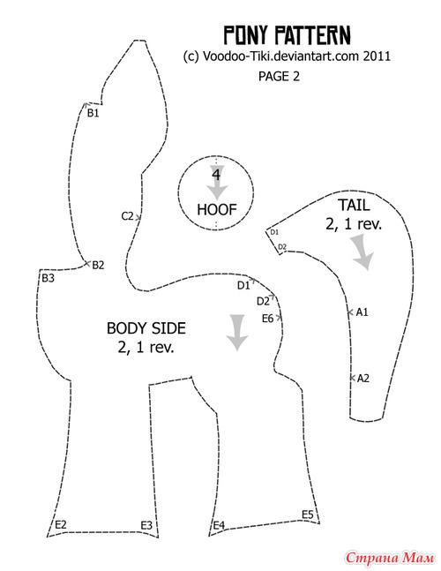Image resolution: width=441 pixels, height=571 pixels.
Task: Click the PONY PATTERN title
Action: point(287,35)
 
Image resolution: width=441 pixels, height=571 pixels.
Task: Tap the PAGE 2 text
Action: point(279,76)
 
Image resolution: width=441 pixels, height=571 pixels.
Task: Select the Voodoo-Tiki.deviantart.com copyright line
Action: point(287,56)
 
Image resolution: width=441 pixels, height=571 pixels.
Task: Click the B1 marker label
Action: point(93,113)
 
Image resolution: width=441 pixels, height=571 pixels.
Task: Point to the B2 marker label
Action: point(98,265)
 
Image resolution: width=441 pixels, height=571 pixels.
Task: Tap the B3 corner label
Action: point(48,278)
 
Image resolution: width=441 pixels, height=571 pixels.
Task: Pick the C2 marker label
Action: point(127,216)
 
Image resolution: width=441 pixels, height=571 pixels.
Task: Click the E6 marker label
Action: point(267,319)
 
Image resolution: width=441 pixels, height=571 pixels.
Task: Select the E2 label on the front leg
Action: point(61,525)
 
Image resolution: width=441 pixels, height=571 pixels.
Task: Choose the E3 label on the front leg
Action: point(146,525)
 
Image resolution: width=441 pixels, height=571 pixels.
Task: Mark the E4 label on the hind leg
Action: point(219,525)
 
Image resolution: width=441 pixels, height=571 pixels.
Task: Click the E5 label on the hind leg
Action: point(308,515)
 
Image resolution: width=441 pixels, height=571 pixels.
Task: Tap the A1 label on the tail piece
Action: point(362,312)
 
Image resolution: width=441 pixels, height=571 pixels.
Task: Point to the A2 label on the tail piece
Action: point(363,379)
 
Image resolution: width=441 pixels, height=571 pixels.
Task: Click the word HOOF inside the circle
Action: point(217,210)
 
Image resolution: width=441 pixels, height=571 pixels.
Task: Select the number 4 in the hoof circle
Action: point(216,175)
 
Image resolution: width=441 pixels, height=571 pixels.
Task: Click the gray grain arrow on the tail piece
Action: point(362,252)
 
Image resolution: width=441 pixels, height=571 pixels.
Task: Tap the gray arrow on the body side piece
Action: point(237,332)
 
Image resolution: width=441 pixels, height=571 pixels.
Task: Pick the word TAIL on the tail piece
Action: point(354,206)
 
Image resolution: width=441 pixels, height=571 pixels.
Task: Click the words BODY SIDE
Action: point(146,328)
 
